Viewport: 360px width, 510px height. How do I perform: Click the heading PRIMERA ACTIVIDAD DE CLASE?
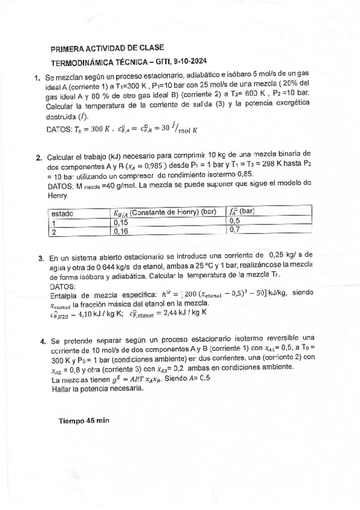click(108, 48)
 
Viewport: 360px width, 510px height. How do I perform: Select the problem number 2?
click(39, 158)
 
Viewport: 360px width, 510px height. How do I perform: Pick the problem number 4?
click(41, 340)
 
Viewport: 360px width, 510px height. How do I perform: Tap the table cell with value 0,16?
click(121, 230)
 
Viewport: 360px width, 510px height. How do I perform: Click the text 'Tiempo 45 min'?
click(84, 420)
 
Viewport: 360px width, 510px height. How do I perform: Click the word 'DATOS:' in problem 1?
click(58, 129)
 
